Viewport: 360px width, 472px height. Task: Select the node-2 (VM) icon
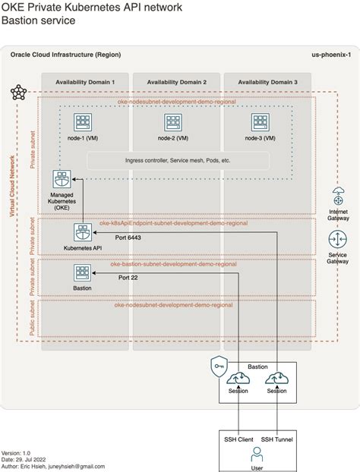(172, 122)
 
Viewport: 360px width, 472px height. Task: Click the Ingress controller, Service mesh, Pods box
(178, 161)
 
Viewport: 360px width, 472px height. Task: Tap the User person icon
(257, 455)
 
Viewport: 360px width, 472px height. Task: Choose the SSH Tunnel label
(277, 439)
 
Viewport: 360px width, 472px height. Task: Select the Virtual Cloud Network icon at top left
(18, 93)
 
